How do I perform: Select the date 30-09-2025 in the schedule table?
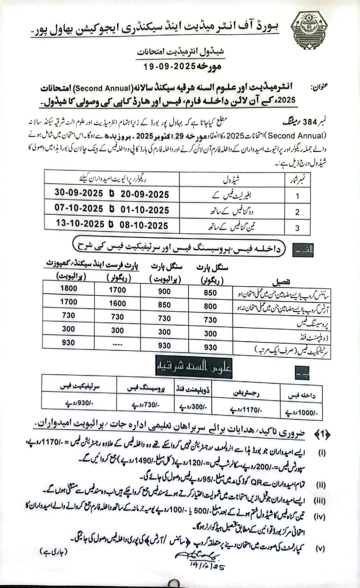click(79, 193)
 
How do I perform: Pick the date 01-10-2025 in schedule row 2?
click(145, 210)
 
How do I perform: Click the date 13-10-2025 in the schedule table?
click(80, 223)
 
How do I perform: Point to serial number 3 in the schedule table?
click(297, 228)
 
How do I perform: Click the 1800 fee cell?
click(69, 288)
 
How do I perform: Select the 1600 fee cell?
click(117, 303)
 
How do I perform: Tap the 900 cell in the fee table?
click(164, 291)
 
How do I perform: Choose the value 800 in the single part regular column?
click(210, 306)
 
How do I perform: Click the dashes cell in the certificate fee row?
click(117, 345)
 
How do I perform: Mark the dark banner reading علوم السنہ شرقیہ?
click(194, 366)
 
